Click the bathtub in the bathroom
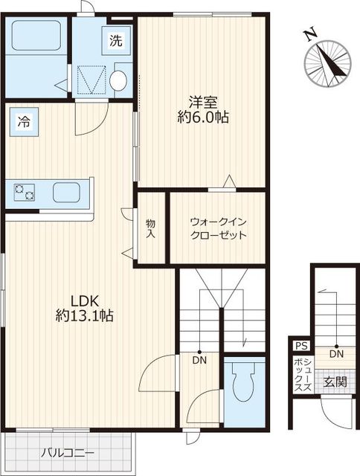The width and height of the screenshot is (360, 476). pos(36,35)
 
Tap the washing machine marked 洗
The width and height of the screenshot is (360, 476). pos(116,40)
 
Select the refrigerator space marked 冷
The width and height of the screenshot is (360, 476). pos(24,122)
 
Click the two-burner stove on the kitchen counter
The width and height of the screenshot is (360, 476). pos(25,193)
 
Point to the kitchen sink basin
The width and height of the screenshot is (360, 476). pos(66,193)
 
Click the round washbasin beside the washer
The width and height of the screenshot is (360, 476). pos(118,80)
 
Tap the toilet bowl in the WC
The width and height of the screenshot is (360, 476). pos(243,382)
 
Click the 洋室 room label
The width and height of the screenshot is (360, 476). pos(203,102)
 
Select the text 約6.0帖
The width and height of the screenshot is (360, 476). pos(203,117)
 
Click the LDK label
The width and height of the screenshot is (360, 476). pos(85,300)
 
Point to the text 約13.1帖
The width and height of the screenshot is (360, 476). pos(85,315)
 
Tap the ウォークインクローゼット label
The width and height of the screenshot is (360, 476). pos(218,228)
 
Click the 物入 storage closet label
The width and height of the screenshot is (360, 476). pos(150,228)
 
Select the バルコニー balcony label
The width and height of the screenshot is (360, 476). pos(68,453)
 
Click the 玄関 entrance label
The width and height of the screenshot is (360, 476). pos(335,382)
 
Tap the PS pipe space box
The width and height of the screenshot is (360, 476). pos(301,346)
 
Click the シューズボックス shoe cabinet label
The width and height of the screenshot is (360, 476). pos(303,375)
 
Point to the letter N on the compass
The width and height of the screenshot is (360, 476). pos(311,35)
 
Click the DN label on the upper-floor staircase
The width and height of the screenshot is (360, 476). pos(199,360)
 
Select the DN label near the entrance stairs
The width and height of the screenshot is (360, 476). pos(336,354)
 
